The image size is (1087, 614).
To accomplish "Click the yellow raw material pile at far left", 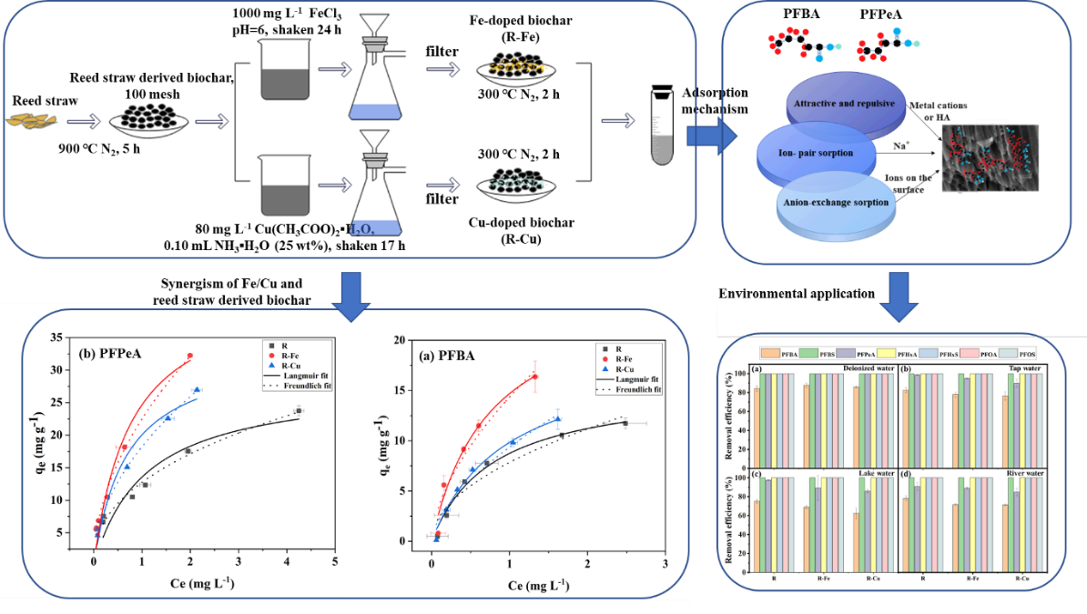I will click(x=32, y=118).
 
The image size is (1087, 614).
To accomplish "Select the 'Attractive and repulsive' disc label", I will click(x=845, y=104).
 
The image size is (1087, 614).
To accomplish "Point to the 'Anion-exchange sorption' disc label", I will click(x=836, y=202).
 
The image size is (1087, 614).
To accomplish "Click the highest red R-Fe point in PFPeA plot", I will click(x=189, y=356).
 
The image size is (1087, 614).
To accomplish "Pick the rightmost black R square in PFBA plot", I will click(x=625, y=423).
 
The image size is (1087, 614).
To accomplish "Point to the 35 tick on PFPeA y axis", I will click(x=56, y=337).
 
